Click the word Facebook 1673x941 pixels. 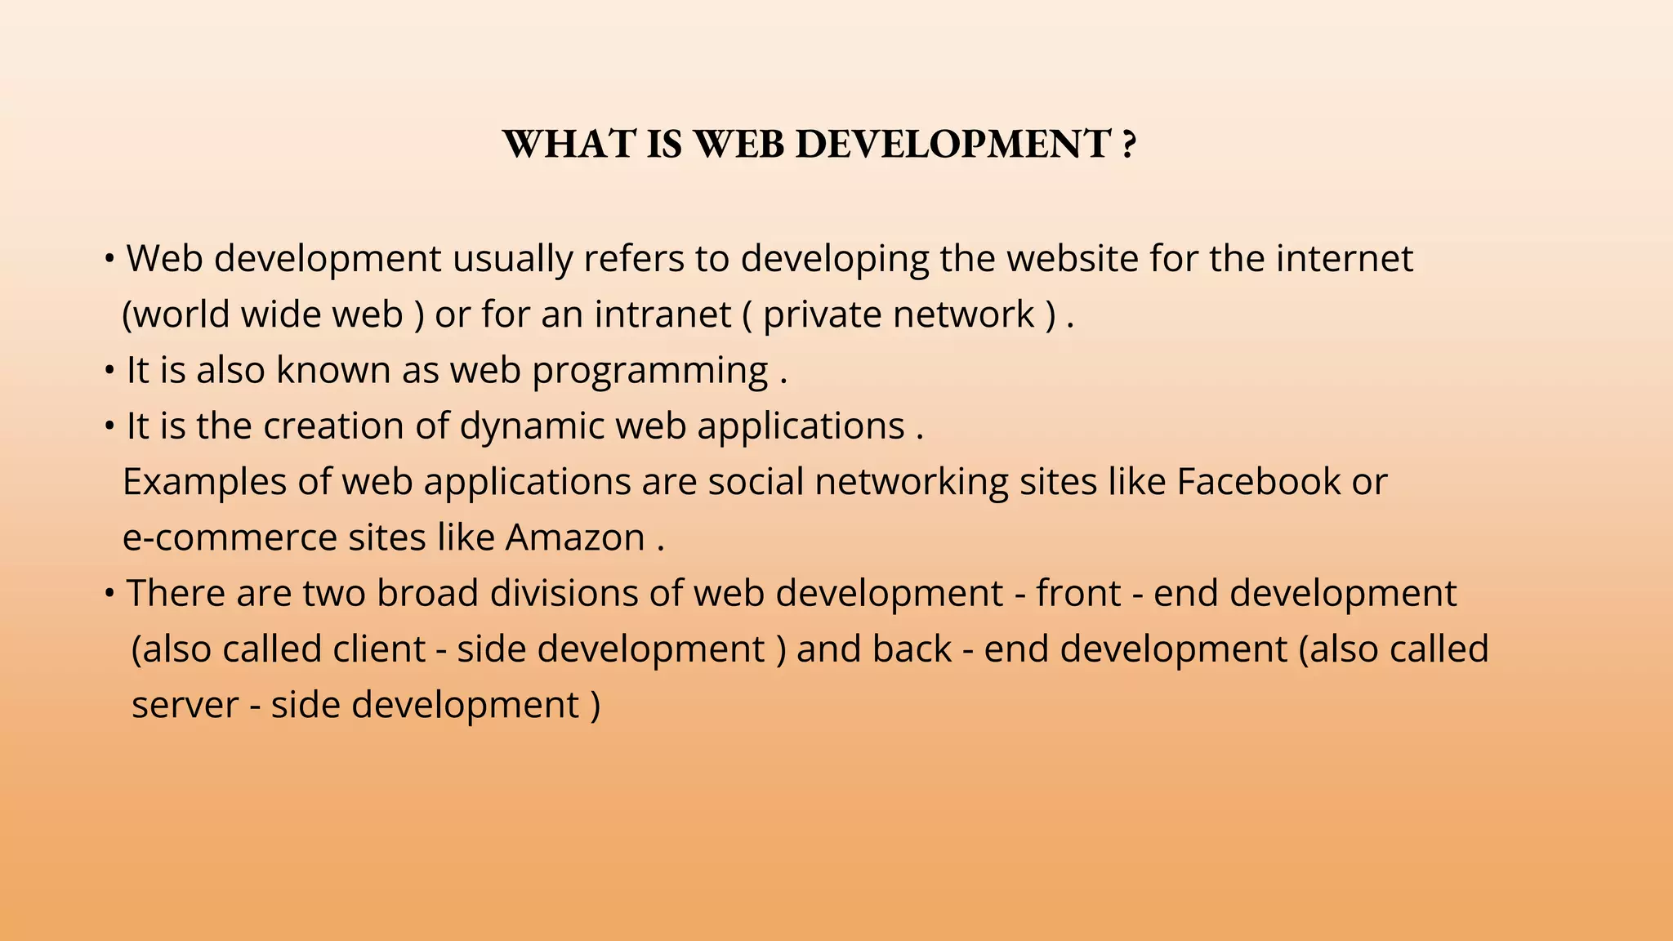pos(1258,481)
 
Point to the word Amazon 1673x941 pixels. pos(575,537)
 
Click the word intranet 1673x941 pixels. pos(663,314)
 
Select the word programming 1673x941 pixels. pos(649,370)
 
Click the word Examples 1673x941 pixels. pos(204,481)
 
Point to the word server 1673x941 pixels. pos(185,705)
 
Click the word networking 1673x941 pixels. pos(911,481)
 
